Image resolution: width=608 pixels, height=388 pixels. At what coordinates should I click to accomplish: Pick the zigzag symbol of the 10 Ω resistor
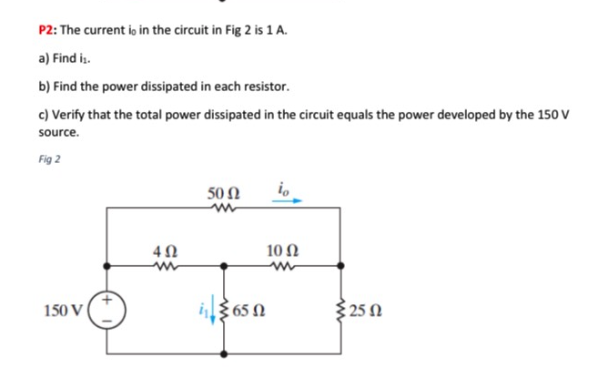[280, 267]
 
